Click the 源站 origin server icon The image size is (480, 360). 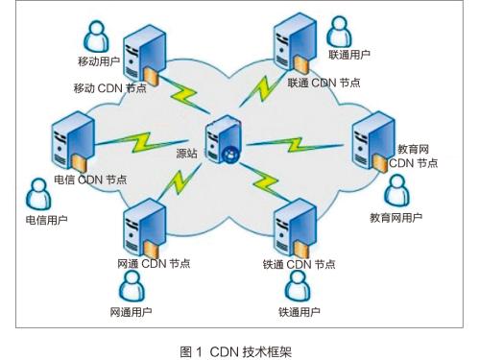[x=225, y=140]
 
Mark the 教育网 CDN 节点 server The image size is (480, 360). [x=372, y=141]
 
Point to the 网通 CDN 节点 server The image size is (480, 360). [x=139, y=228]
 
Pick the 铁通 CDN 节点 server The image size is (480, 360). [x=287, y=228]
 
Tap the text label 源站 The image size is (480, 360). [x=188, y=153]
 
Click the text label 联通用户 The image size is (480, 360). [x=348, y=55]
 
